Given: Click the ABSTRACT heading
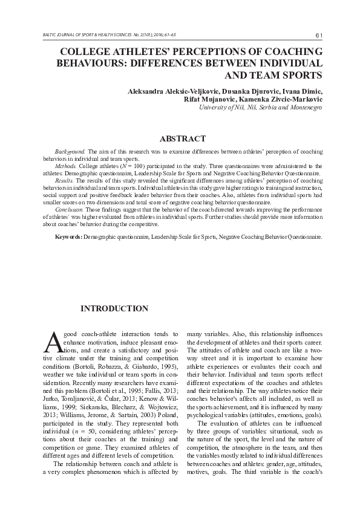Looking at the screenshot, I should [179, 138].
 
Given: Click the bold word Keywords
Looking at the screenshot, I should [68, 237].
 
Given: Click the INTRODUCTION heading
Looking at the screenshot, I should [114, 309].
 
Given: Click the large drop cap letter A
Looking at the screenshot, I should [53, 342].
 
